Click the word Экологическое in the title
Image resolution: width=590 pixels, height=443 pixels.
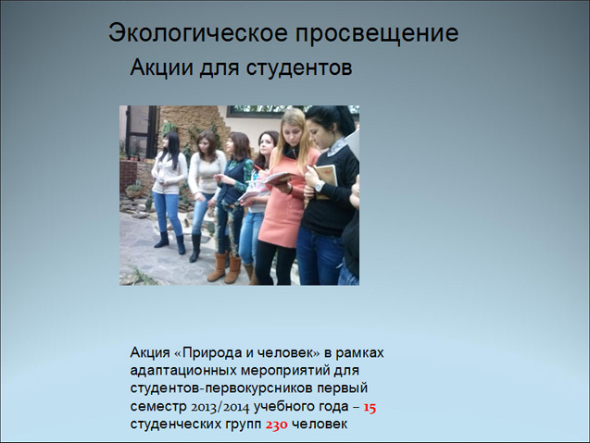pos(198,33)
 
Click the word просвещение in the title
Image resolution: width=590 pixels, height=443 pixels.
pos(377,34)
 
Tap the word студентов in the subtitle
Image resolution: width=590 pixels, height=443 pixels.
pos(299,68)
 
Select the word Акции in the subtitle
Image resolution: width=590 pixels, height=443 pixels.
pos(161,68)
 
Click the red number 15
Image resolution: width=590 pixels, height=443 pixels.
pos(370,407)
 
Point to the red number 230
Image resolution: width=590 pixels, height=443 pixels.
pos(277,425)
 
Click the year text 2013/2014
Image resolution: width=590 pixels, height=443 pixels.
pos(220,407)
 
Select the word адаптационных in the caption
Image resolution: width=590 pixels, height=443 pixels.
pos(182,371)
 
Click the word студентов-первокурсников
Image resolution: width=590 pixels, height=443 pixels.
pos(221,388)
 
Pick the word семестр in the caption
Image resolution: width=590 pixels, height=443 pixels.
pos(158,407)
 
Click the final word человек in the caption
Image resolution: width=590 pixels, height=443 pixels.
pos(320,425)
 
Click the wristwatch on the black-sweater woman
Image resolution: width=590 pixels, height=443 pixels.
pos(319,187)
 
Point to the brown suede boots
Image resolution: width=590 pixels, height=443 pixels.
pos(224,267)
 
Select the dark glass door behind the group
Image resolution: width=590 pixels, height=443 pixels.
pos(142,132)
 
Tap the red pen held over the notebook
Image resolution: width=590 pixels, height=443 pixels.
pos(258,167)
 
